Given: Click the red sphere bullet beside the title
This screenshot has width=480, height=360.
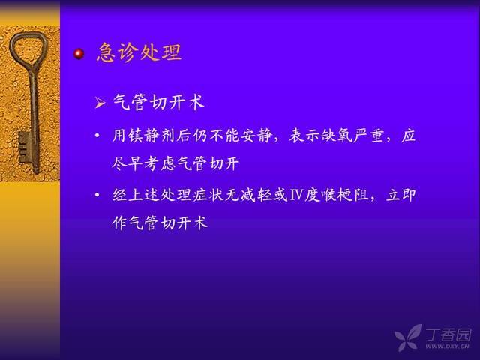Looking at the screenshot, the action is (x=79, y=54).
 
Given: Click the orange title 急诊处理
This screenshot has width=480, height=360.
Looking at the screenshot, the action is (x=139, y=52).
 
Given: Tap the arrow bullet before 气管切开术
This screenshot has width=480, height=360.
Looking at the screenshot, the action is (x=100, y=103).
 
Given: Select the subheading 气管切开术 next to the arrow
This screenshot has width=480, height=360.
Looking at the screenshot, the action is (x=159, y=102).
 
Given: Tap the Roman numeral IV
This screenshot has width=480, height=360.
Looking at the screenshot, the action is (x=296, y=195).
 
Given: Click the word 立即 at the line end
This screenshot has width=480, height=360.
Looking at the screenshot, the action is (x=401, y=195).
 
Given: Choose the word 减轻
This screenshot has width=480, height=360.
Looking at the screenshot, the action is (x=256, y=195).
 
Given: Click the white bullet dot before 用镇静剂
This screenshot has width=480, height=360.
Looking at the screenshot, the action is (x=97, y=135).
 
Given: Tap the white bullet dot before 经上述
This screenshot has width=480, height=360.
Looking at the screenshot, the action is (x=97, y=195).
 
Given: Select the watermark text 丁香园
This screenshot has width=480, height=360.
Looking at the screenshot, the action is (x=448, y=334).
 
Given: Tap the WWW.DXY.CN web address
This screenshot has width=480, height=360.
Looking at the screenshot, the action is (x=447, y=346).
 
